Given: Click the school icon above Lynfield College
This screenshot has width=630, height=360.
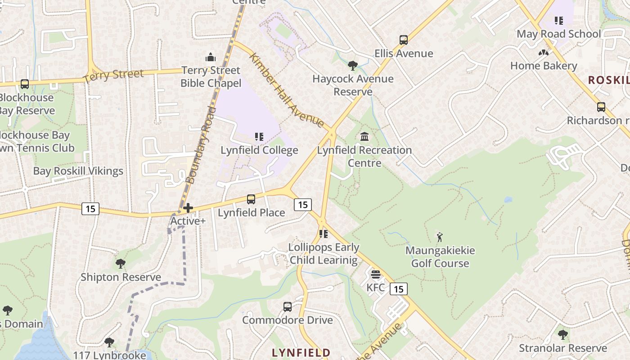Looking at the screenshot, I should click(259, 136).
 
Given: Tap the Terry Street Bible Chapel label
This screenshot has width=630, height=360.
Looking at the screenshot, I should click(211, 77).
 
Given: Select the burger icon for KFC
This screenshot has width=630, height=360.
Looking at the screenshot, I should click(376, 274).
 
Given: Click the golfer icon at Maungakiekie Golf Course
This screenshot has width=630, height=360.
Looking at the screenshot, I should click(440, 237).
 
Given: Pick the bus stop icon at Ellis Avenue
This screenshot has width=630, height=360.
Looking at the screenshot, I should click(404, 40).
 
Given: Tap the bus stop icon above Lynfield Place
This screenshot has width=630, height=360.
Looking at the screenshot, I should click(251, 199).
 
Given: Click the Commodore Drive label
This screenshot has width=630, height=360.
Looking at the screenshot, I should click(287, 320).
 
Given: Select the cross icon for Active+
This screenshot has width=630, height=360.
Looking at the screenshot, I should click(188, 207).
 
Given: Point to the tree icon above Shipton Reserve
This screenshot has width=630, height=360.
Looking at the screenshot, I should click(120, 263).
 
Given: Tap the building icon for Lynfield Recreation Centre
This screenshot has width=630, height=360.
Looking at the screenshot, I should click(364, 136).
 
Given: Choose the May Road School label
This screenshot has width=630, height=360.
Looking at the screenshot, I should click(558, 34).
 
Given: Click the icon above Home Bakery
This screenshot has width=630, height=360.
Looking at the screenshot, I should click(544, 53).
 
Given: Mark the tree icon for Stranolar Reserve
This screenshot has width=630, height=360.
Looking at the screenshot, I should click(562, 334).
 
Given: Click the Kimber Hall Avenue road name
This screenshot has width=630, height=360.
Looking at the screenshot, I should click(286, 90).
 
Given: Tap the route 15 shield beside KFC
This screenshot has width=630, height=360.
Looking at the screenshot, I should click(399, 289).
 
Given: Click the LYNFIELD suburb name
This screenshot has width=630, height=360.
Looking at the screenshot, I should click(301, 352).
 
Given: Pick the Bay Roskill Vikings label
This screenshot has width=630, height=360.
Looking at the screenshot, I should click(78, 171).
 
